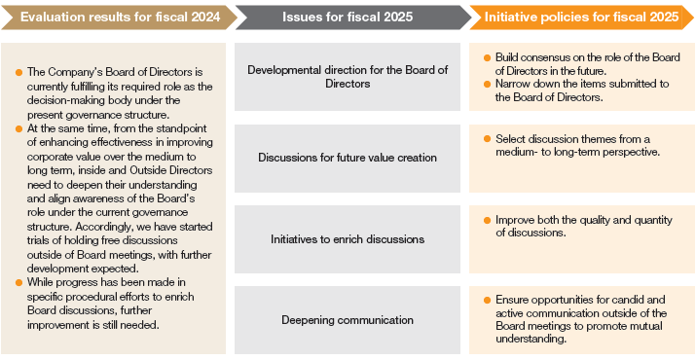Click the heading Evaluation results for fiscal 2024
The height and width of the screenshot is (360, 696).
click(x=114, y=17)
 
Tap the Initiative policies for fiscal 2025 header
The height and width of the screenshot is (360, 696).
click(x=580, y=17)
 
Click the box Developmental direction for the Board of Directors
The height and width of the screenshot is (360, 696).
click(x=348, y=77)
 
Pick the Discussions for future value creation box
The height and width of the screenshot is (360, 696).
click(x=348, y=157)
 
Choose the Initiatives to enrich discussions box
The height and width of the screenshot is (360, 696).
click(x=348, y=238)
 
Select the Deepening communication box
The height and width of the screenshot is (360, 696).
click(x=348, y=319)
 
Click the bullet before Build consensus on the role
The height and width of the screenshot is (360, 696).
click(x=487, y=58)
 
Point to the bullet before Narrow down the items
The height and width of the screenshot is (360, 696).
click(x=487, y=84)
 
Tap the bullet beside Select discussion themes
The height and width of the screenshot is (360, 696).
click(x=487, y=139)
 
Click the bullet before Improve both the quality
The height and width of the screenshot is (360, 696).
click(x=487, y=220)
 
